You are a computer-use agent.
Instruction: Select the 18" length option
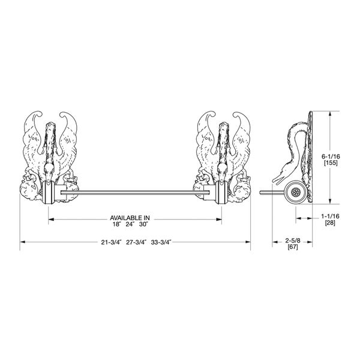(116, 224)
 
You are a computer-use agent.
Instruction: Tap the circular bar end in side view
(295, 192)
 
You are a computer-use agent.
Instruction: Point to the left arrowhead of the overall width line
(22, 241)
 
